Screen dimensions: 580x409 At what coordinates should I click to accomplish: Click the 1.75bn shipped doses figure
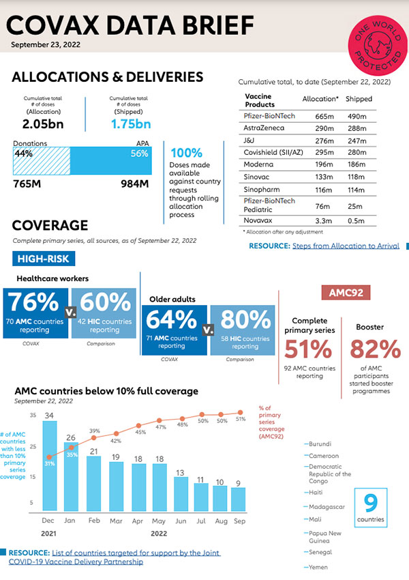140,124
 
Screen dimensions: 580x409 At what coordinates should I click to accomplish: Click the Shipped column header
359,99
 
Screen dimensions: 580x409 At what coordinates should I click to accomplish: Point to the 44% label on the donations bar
24,154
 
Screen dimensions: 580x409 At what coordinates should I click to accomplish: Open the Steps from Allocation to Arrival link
346,246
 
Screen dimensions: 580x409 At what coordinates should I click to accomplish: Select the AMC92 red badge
346,292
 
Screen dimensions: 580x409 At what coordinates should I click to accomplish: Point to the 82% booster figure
374,349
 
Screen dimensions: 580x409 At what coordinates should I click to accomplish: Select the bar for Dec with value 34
50,465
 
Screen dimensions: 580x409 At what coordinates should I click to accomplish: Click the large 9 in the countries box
370,504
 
